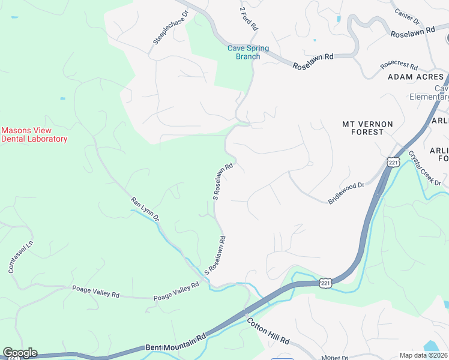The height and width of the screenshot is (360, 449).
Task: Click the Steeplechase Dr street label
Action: (170, 27)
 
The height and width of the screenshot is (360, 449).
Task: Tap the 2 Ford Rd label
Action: (248, 19)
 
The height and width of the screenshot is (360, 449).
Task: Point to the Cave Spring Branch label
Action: (248, 53)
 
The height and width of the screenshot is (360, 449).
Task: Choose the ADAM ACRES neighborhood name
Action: (416, 77)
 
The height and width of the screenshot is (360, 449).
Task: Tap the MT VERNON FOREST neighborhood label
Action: (367, 128)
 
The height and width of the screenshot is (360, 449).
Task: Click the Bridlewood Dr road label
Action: (347, 194)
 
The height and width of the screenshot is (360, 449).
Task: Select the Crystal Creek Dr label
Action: (424, 167)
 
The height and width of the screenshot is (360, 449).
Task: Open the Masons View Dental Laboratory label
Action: (34, 134)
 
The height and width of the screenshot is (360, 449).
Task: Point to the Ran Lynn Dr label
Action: (145, 208)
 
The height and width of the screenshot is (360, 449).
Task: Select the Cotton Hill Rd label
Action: (268, 330)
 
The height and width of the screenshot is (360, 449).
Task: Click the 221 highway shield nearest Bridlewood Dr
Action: (393, 163)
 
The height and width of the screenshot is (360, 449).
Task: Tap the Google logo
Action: (20, 353)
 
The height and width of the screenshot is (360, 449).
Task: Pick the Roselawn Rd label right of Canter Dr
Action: (412, 32)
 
